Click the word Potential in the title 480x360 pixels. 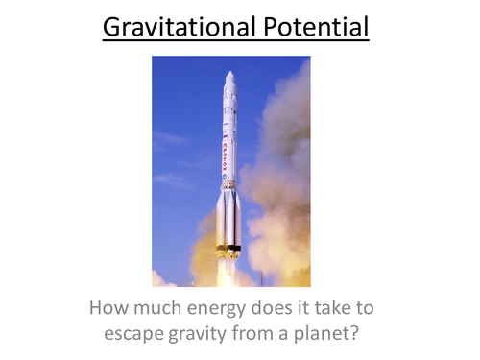click(x=313, y=27)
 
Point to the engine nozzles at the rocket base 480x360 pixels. click(x=228, y=251)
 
